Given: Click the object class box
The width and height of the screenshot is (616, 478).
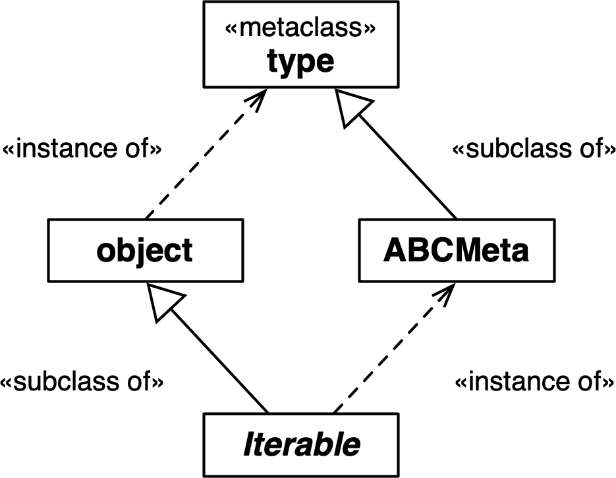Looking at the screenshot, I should [145, 251].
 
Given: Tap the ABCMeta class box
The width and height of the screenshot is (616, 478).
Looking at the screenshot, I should [456, 251].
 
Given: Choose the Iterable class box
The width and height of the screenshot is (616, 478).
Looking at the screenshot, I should [301, 444].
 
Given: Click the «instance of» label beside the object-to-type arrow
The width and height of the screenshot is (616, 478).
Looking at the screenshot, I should [81, 149].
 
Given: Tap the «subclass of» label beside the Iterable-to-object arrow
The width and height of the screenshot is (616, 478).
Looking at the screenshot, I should [82, 381].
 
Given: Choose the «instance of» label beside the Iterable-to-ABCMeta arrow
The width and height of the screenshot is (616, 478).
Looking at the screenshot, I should [530, 381].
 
